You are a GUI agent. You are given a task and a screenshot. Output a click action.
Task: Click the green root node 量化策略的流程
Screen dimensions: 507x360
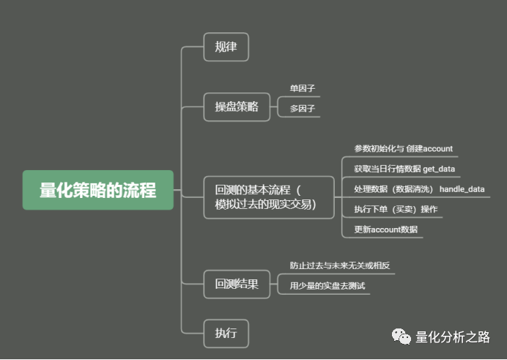[97, 191]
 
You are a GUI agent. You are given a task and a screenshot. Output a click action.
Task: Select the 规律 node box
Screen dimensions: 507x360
[226, 47]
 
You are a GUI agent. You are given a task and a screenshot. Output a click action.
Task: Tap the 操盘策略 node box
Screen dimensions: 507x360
[237, 107]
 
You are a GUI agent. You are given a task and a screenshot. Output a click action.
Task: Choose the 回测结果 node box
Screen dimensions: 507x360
[237, 284]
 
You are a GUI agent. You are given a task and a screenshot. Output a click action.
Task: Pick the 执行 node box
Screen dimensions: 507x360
[226, 333]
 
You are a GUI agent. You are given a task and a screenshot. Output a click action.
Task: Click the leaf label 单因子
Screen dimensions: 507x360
[302, 89]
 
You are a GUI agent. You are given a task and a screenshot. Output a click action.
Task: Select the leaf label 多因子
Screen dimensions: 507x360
[302, 109]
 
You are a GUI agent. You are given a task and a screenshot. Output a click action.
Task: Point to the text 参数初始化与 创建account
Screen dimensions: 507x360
[403, 149]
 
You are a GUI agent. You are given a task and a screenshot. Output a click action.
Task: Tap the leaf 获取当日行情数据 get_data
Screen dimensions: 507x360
[404, 169]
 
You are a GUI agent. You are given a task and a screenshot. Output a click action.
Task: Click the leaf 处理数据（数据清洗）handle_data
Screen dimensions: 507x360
[419, 189]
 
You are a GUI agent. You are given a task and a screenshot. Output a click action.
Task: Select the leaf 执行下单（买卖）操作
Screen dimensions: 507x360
[396, 210]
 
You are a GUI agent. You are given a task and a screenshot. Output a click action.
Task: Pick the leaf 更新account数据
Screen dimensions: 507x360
[385, 229]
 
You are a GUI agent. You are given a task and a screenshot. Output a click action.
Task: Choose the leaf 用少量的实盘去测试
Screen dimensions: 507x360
[327, 286]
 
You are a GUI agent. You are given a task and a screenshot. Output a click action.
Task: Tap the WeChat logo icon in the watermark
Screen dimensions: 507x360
[401, 337]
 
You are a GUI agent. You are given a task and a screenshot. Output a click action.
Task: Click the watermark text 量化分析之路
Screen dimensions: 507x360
[452, 337]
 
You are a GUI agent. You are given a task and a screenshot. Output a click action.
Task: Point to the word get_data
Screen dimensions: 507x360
[439, 169]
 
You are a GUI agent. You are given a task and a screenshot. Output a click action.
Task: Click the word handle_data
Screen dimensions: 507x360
[462, 189]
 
